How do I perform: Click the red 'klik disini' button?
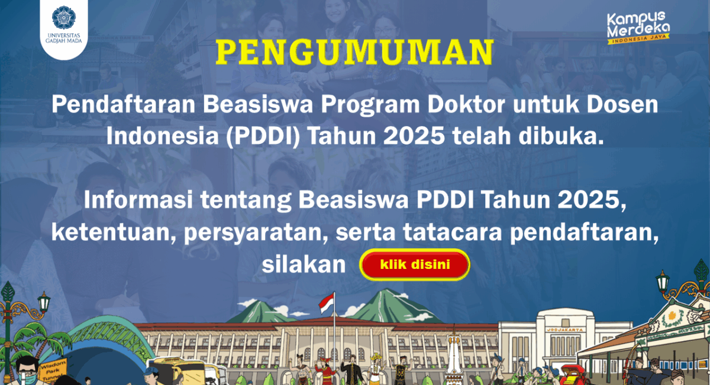tap(415, 264)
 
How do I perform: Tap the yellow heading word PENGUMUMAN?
tap(354, 52)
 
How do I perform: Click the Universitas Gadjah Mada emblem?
tap(64, 17)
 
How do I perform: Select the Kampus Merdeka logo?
tap(638, 28)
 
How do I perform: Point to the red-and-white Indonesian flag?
tap(327, 303)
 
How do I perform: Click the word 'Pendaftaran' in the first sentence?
tap(123, 104)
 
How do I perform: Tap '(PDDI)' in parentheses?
tap(263, 136)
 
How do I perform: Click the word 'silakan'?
tap(304, 264)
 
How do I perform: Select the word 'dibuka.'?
tap(561, 136)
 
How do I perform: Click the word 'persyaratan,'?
tap(256, 233)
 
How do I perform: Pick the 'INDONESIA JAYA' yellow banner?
tap(638, 39)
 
